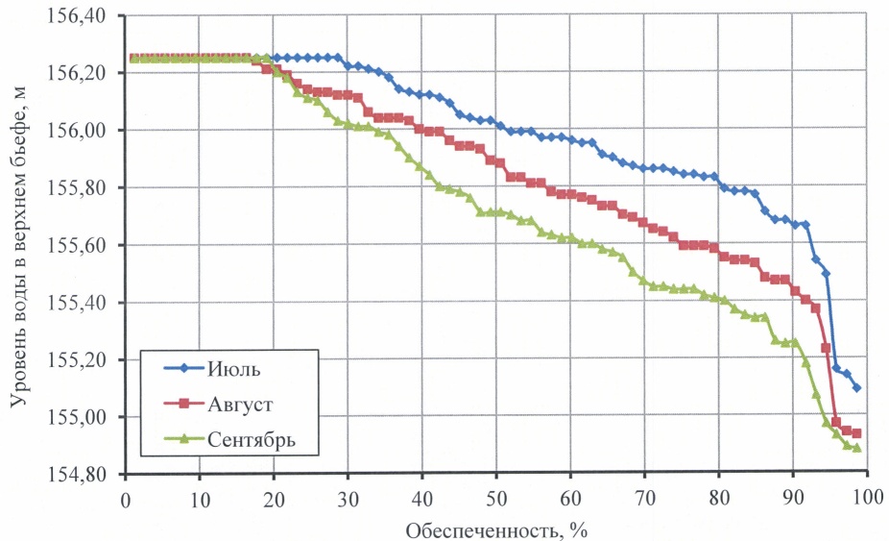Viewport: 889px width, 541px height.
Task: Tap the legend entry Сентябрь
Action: point(249,439)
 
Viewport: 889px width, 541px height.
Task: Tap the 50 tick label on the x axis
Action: point(496,501)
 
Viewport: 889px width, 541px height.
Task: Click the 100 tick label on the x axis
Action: point(867,501)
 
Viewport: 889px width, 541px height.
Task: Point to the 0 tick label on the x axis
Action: point(126,501)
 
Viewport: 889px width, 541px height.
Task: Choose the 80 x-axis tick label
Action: point(719,501)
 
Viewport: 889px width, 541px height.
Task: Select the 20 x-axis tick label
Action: point(274,501)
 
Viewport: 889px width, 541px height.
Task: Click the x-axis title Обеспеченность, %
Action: point(496,529)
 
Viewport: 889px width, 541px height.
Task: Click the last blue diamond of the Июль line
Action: point(856,388)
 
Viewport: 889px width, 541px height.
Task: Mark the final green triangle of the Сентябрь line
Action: point(856,448)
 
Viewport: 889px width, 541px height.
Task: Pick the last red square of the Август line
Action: point(856,433)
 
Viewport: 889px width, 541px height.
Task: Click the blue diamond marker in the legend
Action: point(178,370)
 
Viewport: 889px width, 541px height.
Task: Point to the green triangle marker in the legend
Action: point(178,439)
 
